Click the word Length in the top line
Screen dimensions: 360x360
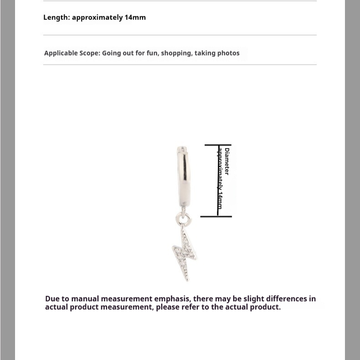56,17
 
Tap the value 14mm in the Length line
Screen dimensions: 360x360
135,17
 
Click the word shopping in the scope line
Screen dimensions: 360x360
176,53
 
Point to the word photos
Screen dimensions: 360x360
228,53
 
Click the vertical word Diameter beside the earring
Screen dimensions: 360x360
227,161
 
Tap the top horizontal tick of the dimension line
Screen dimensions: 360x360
218,145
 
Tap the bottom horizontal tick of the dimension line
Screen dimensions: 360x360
216,216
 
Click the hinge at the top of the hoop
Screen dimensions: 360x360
182,149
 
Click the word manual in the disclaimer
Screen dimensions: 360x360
85,299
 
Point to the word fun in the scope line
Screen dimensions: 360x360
152,53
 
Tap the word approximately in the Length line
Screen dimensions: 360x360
97,17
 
